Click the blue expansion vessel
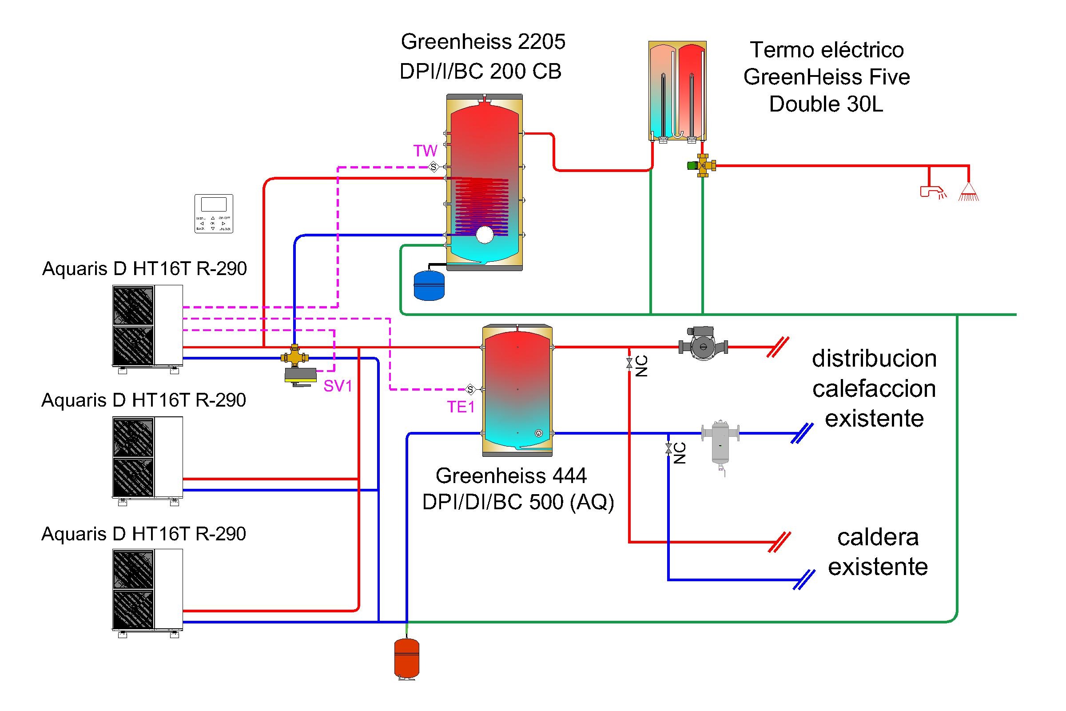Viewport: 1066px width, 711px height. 429,285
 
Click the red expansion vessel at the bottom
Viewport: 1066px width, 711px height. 406,659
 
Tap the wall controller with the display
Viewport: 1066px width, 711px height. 214,214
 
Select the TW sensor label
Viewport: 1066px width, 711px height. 425,151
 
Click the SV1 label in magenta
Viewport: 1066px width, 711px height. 338,386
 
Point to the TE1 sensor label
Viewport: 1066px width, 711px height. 461,407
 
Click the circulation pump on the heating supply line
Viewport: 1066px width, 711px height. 703,347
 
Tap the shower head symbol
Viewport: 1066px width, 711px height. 969,192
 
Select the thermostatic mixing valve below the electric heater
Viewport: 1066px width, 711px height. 702,165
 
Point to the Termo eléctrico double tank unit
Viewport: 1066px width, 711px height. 677,91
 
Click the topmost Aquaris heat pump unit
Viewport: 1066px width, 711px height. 147,326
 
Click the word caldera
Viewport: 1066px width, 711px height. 878,537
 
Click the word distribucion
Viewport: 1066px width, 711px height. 874,359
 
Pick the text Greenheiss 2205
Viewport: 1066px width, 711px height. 483,42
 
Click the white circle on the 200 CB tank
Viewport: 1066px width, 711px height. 485,235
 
